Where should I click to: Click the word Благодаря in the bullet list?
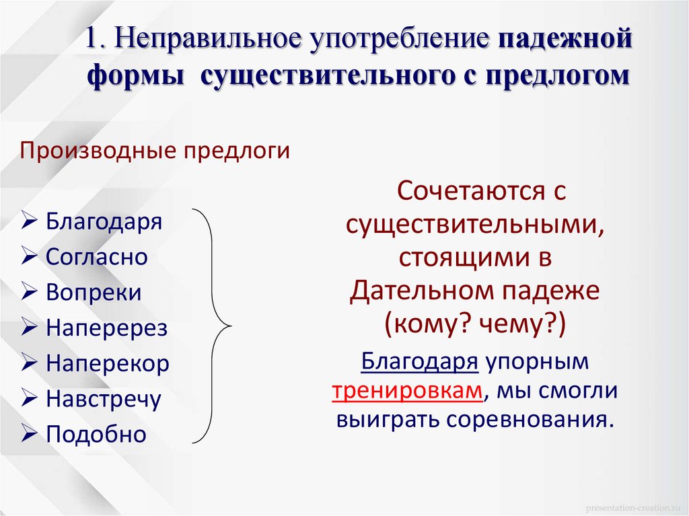click(104, 222)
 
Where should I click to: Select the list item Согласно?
click(97, 257)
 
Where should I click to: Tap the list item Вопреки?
click(94, 293)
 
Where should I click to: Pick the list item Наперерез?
click(106, 328)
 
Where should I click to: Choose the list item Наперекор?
click(108, 364)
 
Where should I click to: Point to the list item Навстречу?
click(104, 400)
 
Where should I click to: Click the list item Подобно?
click(96, 435)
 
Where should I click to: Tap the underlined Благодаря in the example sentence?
click(420, 362)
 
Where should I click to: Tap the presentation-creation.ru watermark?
click(630, 505)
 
